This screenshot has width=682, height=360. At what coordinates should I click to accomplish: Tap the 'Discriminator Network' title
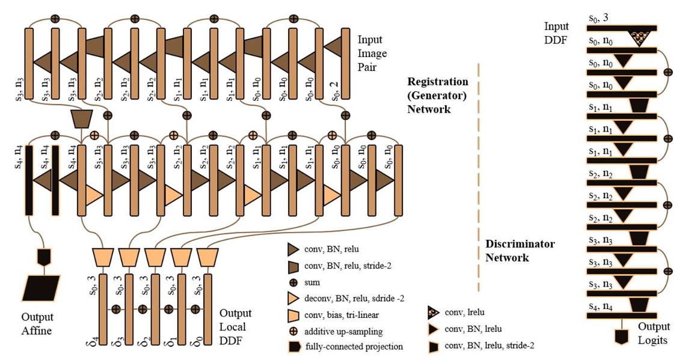pos(520,251)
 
